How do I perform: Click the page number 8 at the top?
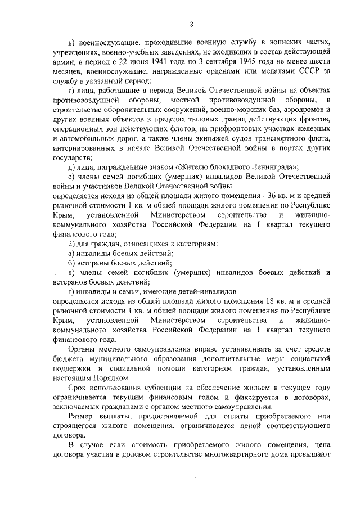tap(191, 24)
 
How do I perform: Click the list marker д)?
tap(71, 166)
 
